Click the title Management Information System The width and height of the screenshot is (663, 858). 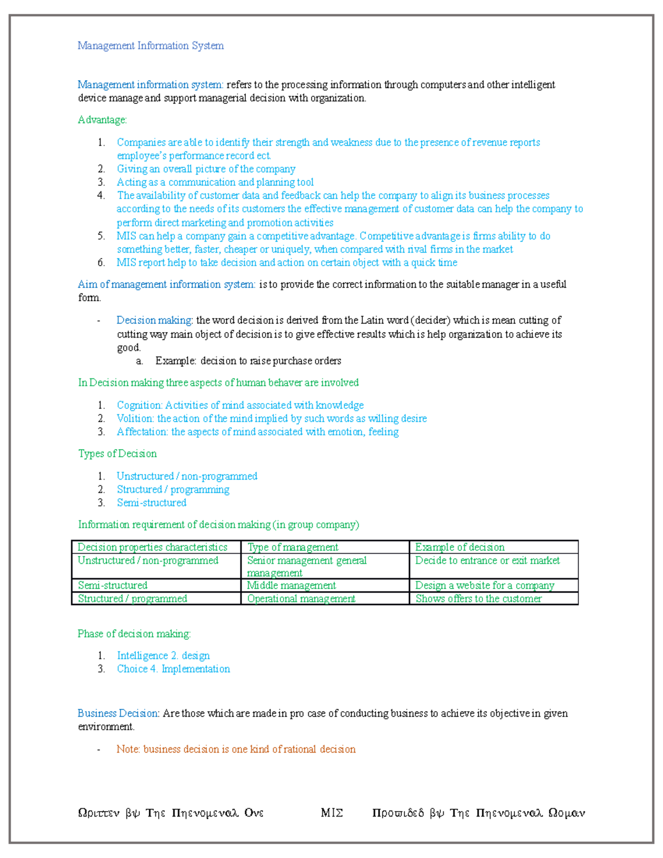click(x=150, y=46)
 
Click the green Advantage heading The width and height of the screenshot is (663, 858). click(x=102, y=120)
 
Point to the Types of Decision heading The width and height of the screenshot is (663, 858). click(x=117, y=454)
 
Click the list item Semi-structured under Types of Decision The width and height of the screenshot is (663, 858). click(x=151, y=503)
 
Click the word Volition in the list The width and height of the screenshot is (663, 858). click(x=135, y=419)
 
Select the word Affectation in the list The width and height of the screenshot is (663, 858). click(x=141, y=432)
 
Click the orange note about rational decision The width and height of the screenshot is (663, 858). click(x=236, y=750)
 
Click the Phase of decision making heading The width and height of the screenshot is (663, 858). click(x=134, y=634)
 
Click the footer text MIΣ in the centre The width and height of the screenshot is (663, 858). click(x=331, y=813)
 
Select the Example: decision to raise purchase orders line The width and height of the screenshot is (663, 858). click(x=248, y=361)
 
